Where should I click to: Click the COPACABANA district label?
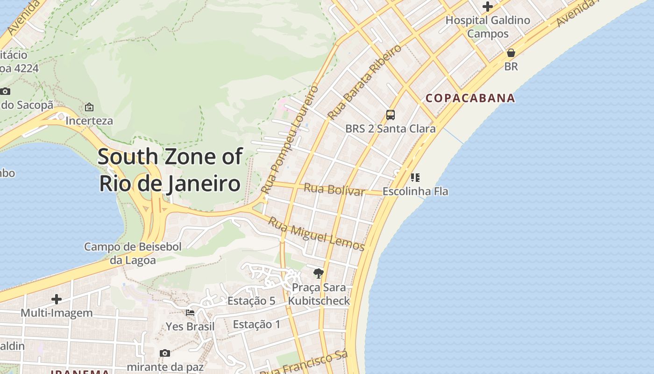(470, 98)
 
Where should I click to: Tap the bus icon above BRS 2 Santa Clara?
(390, 115)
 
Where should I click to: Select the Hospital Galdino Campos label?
(488, 27)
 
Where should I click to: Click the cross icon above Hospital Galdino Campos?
(488, 7)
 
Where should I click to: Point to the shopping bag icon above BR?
(511, 53)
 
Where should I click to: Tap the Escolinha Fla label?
(415, 191)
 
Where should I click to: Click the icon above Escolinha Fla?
(415, 178)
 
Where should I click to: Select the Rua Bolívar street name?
(334, 190)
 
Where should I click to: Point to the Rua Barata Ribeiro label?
(364, 82)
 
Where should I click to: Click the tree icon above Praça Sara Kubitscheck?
(319, 273)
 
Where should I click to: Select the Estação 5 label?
(251, 301)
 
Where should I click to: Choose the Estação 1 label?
(256, 324)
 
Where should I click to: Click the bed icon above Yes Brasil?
(190, 312)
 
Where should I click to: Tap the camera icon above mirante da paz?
(165, 353)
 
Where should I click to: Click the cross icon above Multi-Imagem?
(57, 299)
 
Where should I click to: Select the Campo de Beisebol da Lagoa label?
(133, 253)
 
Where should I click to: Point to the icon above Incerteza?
(89, 107)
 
